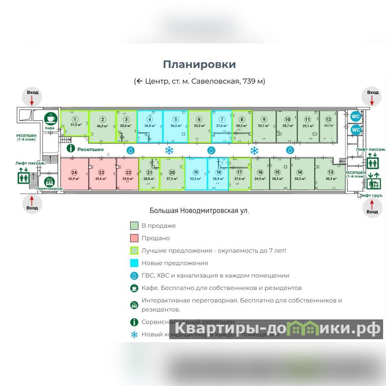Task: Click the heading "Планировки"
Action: pyautogui.click(x=199, y=64)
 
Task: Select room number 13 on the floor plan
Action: pyautogui.click(x=331, y=175)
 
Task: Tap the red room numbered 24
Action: pyautogui.click(x=74, y=175)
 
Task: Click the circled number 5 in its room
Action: pyautogui.click(x=176, y=121)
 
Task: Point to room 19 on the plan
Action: pyautogui.click(x=196, y=175)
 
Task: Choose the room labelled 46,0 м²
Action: pyautogui.click(x=102, y=123)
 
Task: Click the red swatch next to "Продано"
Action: pyautogui.click(x=135, y=238)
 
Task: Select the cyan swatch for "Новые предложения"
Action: pyautogui.click(x=135, y=263)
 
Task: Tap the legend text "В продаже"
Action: pyautogui.click(x=158, y=225)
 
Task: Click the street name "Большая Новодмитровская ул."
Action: pyautogui.click(x=199, y=210)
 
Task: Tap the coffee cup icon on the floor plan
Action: pyautogui.click(x=50, y=119)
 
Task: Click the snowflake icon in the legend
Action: pyautogui.click(x=135, y=334)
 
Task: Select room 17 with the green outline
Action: pyautogui.click(x=240, y=175)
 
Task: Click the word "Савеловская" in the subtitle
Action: pyautogui.click(x=216, y=81)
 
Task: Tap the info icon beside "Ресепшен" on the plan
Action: pyautogui.click(x=70, y=149)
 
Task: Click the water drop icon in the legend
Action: pyautogui.click(x=135, y=276)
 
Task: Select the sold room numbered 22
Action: pyautogui.click(x=128, y=175)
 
